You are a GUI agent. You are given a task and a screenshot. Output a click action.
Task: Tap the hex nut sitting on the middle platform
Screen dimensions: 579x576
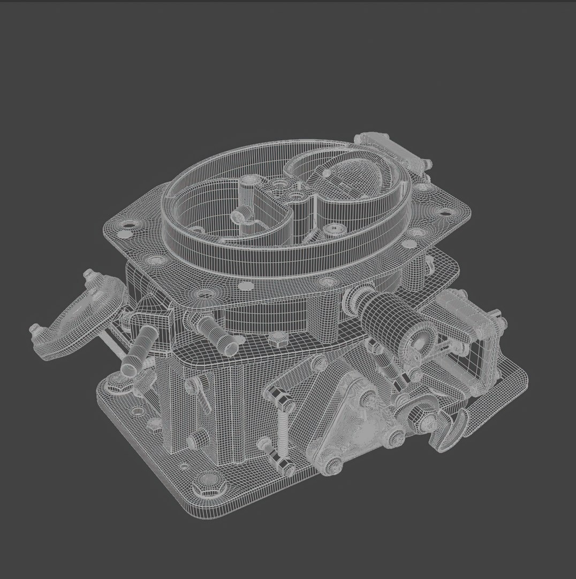click(277, 339)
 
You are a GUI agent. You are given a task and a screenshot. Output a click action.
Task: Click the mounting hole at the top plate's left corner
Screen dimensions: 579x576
click(129, 224)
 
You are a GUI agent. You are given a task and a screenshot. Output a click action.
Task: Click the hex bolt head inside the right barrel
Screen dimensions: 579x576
click(336, 229)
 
